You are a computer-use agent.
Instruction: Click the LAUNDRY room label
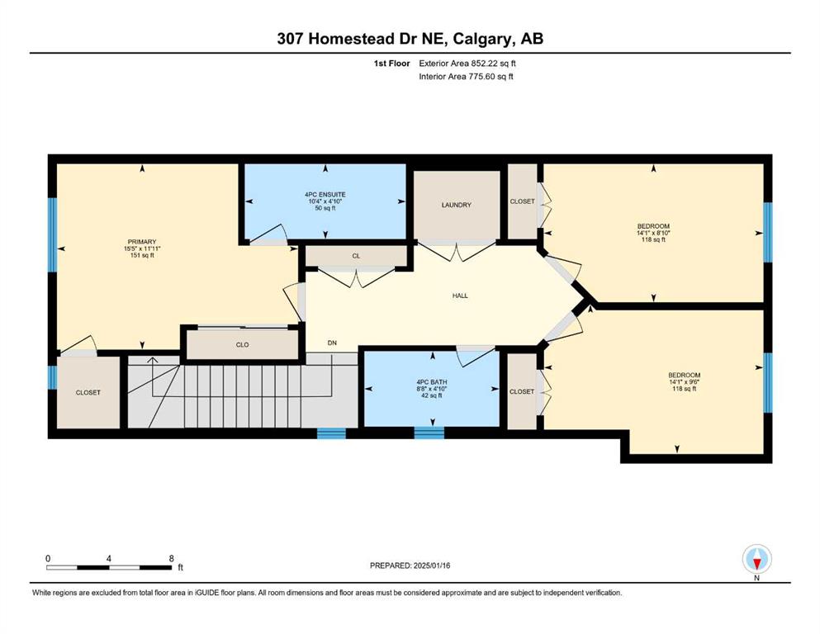[x=456, y=205]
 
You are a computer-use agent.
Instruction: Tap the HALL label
[x=460, y=296]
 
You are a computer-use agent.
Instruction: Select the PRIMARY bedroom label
[x=142, y=242]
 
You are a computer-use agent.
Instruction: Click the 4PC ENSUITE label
[x=325, y=195]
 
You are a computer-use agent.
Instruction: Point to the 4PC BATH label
[x=432, y=382]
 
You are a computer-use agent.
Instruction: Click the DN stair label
[x=332, y=343]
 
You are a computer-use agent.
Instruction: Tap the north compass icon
[x=756, y=559]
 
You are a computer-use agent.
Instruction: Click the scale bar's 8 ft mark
[x=172, y=559]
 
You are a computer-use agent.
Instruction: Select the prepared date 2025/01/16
[x=431, y=565]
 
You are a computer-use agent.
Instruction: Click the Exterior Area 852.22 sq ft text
[x=467, y=64]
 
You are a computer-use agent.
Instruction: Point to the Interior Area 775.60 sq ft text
[x=466, y=76]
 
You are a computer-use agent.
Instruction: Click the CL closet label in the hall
[x=356, y=256]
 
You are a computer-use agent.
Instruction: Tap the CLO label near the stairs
[x=242, y=345]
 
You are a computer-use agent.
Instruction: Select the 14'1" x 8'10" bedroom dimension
[x=653, y=233]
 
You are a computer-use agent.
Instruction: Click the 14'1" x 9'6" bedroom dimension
[x=684, y=382]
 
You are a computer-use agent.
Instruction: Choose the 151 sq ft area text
[x=142, y=256]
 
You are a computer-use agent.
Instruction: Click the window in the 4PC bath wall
[x=429, y=433]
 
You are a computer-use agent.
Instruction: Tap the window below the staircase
[x=332, y=433]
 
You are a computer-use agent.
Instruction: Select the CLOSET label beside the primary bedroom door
[x=88, y=392]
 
